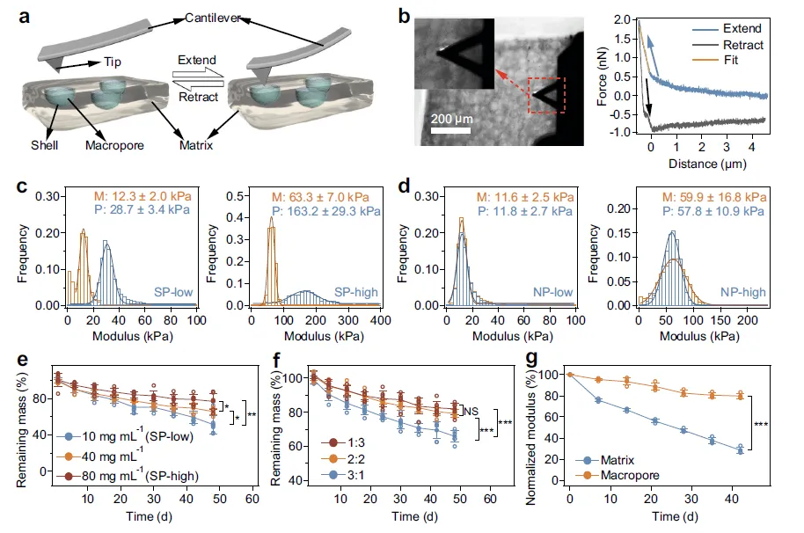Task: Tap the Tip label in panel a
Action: click(x=103, y=63)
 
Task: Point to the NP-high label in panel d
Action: click(x=742, y=291)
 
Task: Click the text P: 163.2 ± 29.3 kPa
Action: click(x=326, y=212)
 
